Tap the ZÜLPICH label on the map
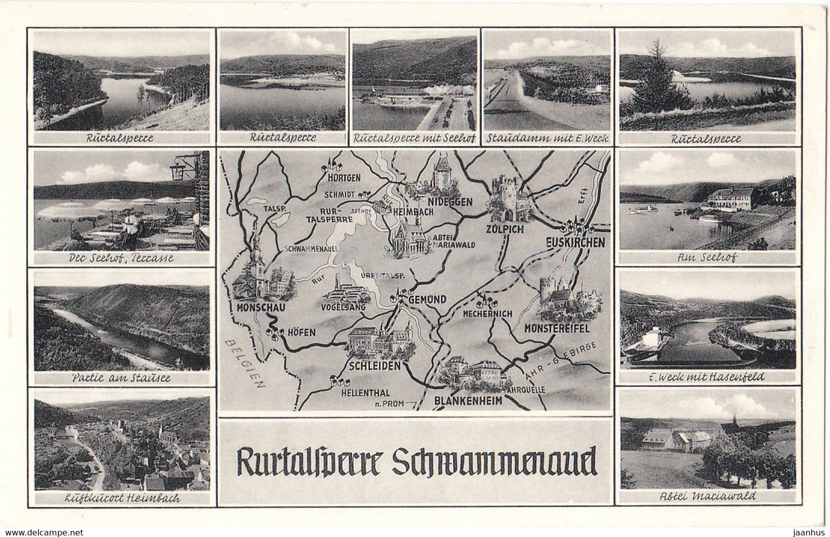tap(505, 229)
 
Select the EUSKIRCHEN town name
tap(575, 242)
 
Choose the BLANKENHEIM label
tap(468, 401)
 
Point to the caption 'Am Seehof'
tap(707, 258)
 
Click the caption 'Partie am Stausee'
tap(122, 378)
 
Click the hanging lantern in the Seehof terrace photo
tap(177, 172)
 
